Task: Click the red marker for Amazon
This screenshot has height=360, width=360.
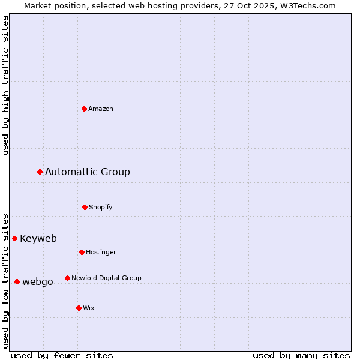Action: click(x=85, y=109)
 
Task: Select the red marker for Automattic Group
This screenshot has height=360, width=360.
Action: click(x=40, y=172)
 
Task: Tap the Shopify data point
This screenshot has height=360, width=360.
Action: click(x=85, y=207)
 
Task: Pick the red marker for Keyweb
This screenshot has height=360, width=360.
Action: click(x=15, y=238)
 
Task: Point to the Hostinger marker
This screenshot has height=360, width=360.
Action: click(x=82, y=252)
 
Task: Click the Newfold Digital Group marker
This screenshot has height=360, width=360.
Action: click(x=67, y=278)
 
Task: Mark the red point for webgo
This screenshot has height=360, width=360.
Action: click(x=17, y=281)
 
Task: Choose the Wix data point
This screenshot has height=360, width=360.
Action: click(x=79, y=308)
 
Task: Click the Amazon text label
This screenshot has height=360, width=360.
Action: click(x=101, y=109)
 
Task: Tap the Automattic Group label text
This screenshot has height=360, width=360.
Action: click(x=88, y=172)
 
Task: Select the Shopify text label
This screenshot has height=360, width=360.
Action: click(x=101, y=207)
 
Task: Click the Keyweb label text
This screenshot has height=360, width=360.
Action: click(x=38, y=238)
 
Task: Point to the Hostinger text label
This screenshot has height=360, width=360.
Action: click(x=101, y=252)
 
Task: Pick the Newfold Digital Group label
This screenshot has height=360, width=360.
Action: click(x=106, y=278)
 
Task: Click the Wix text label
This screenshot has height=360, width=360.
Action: click(x=89, y=308)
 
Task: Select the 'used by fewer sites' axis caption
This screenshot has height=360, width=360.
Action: click(x=62, y=355)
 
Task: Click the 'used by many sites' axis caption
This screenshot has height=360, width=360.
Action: click(x=301, y=355)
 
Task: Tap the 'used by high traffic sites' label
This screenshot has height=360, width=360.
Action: click(x=6, y=86)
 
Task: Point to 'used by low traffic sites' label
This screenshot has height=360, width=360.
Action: click(x=6, y=281)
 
